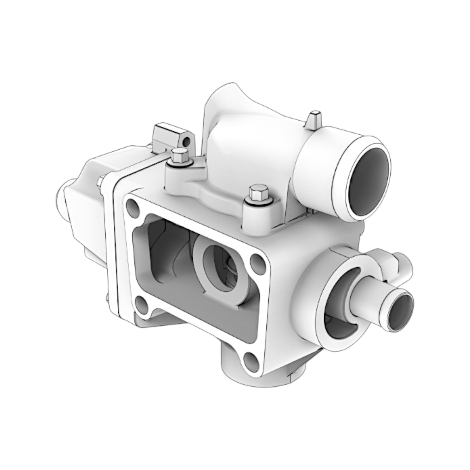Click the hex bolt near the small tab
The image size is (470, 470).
tap(179, 156)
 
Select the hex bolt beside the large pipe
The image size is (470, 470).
tap(257, 195)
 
